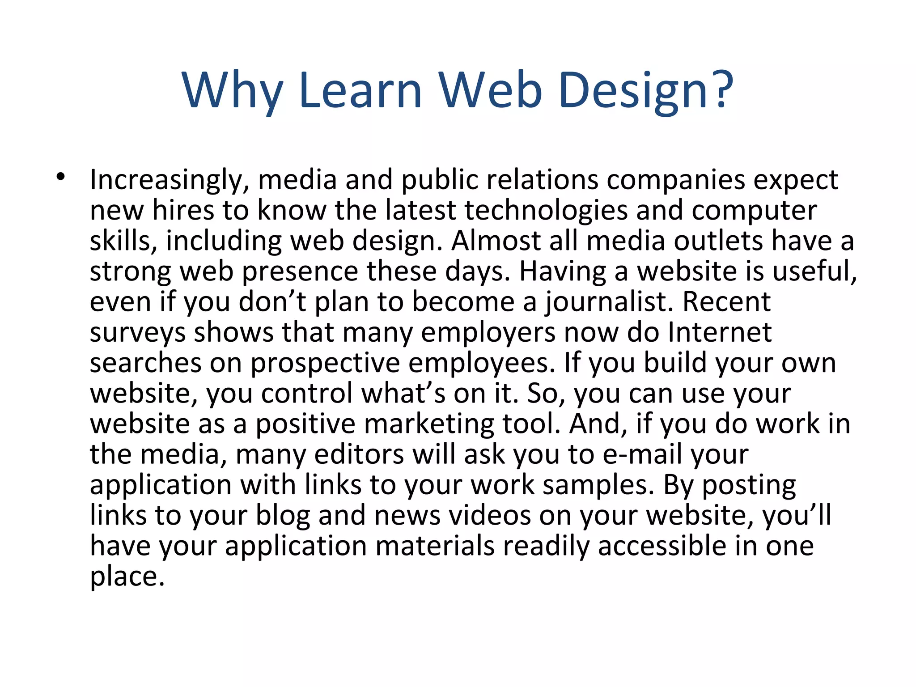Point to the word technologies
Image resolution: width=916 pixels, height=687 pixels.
tap(546, 210)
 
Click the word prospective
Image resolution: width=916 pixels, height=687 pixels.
tap(325, 363)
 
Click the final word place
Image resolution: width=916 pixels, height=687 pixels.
tap(127, 577)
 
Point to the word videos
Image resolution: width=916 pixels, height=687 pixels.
tap(490, 515)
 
